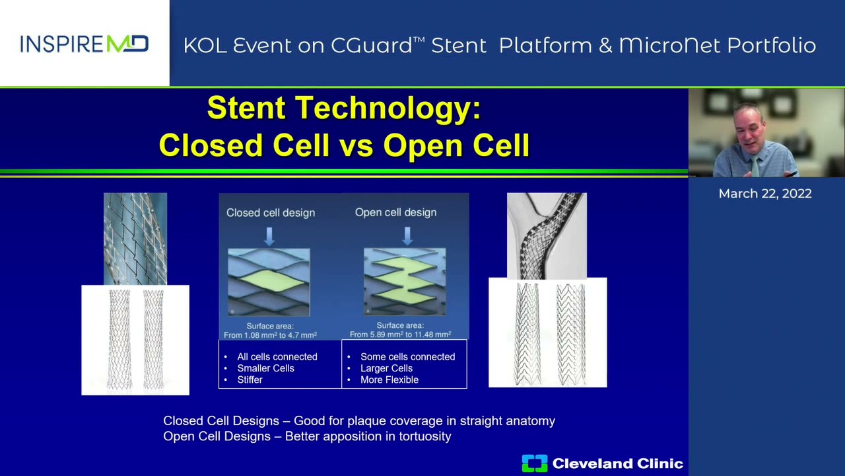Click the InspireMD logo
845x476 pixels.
coord(84,44)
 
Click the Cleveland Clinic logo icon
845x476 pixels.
coord(534,463)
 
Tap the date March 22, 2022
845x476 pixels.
coord(765,194)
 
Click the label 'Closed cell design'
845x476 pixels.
coord(271,213)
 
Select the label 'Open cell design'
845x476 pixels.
coord(395,212)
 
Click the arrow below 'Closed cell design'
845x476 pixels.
coord(269,235)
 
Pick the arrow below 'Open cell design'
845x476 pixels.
coord(407,235)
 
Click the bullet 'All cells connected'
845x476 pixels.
coord(277,357)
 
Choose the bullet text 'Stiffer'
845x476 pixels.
coord(250,380)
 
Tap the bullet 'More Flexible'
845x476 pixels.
coord(389,380)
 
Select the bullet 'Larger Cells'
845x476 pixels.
coord(386,368)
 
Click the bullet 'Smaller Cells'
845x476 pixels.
coord(265,368)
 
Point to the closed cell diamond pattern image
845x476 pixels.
coord(269,282)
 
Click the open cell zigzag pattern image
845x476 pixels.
coord(405,282)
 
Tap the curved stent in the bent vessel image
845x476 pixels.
coord(547,235)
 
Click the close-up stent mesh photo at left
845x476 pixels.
coord(135,239)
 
